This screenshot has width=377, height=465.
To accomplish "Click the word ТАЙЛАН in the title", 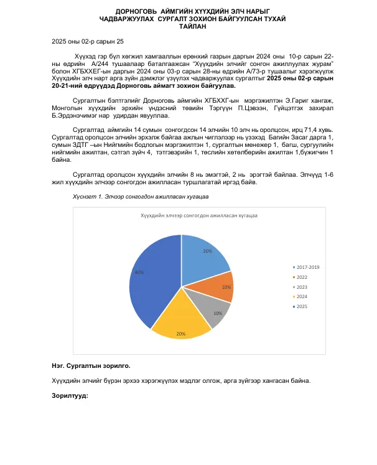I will [x=188, y=27].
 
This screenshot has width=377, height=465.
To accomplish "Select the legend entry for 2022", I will [x=303, y=277].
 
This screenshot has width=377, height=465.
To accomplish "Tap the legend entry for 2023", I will [x=303, y=287].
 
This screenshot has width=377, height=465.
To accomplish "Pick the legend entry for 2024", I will [x=303, y=297].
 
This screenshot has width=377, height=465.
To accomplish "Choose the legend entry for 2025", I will [x=303, y=307].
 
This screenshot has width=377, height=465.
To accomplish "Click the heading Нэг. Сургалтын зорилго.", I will [x=91, y=366].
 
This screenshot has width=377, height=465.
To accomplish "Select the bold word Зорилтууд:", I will [x=70, y=396].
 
